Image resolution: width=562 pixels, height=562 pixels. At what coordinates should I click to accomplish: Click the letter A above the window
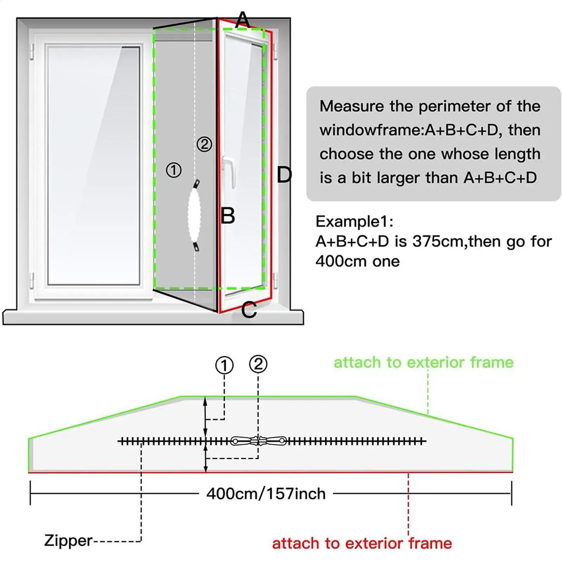pyautogui.click(x=243, y=20)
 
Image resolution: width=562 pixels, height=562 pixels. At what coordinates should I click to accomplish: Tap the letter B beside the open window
pyautogui.click(x=227, y=216)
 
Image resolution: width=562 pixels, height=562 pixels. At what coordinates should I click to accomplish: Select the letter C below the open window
pyautogui.click(x=249, y=310)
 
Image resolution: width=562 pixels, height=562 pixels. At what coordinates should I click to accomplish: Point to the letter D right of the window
pyautogui.click(x=284, y=175)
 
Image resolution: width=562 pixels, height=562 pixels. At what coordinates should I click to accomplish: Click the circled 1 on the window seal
pyautogui.click(x=173, y=170)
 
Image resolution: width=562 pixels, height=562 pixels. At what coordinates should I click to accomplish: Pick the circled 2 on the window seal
pyautogui.click(x=204, y=144)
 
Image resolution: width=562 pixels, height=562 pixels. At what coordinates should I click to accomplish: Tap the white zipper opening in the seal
pyautogui.click(x=194, y=215)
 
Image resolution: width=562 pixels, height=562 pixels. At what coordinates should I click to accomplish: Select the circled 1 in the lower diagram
pyautogui.click(x=224, y=365)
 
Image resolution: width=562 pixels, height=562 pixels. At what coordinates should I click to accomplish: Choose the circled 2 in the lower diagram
pyautogui.click(x=258, y=364)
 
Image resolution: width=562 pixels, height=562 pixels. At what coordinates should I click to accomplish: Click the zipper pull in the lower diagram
pyautogui.click(x=258, y=441)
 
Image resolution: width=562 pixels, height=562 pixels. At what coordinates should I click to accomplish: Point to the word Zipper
pyautogui.click(x=68, y=541)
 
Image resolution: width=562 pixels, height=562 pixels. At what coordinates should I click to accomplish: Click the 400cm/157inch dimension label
pyautogui.click(x=266, y=494)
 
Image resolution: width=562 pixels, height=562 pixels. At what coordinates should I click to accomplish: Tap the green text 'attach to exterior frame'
pyautogui.click(x=423, y=362)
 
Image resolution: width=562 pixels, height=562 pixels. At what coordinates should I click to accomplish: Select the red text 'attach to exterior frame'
pyautogui.click(x=362, y=543)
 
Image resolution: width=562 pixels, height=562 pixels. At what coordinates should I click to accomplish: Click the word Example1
pyautogui.click(x=355, y=222)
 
